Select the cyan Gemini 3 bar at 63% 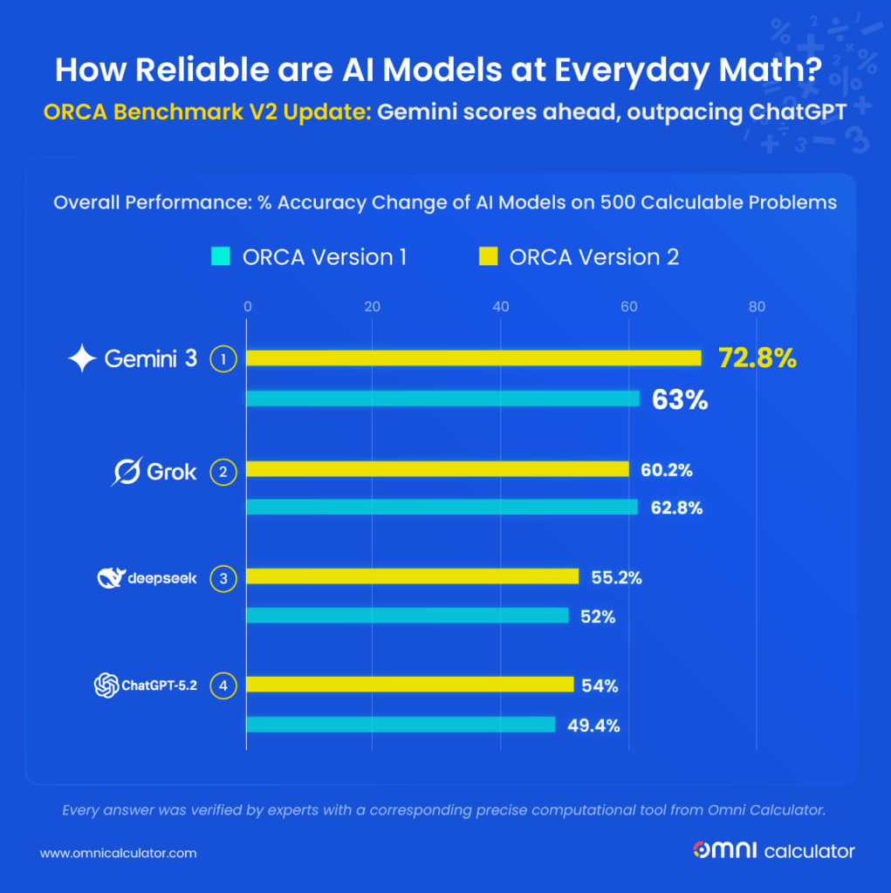click(443, 399)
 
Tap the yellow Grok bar click(437, 469)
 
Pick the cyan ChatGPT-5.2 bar click(401, 724)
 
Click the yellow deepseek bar click(413, 576)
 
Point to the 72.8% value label click(757, 358)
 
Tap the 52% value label click(598, 617)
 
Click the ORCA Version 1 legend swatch click(219, 256)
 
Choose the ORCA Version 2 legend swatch click(488, 256)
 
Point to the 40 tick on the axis click(501, 306)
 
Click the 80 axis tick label click(756, 306)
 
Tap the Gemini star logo click(82, 358)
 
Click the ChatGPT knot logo click(106, 685)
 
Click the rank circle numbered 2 click(224, 473)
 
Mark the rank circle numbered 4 click(224, 685)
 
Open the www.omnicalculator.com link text click(118, 852)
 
